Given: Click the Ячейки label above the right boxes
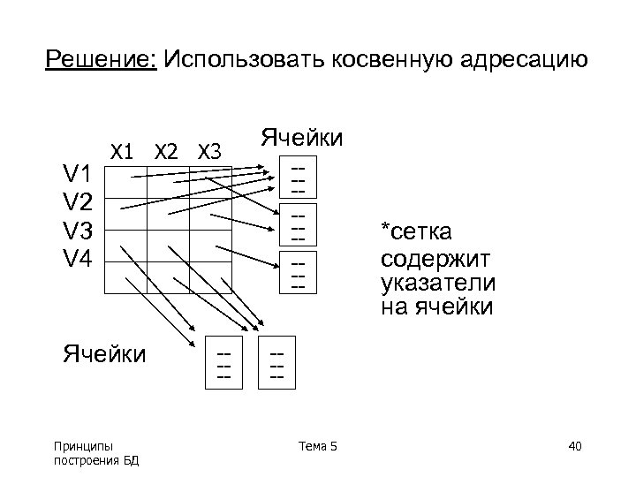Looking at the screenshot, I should [301, 138].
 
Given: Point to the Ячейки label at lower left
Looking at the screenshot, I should [104, 354].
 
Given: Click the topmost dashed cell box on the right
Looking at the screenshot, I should [298, 178].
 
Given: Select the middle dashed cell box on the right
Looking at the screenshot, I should [298, 225].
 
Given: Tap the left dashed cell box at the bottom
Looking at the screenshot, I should [225, 362].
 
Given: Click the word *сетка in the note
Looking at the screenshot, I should [416, 232].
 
